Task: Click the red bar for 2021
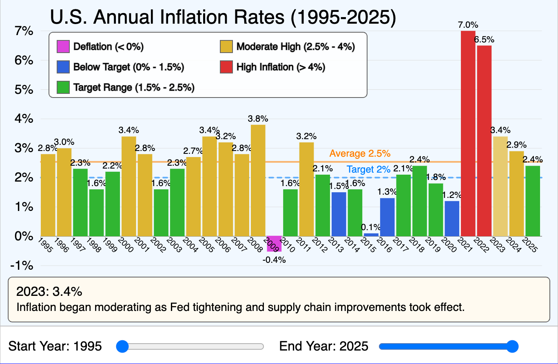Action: tap(468, 135)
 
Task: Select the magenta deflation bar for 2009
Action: tap(274, 244)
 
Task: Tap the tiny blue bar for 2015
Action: tap(371, 235)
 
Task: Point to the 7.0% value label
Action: tap(467, 25)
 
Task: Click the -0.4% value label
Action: tap(274, 260)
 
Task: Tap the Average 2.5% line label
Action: tap(360, 154)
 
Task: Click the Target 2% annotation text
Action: tap(368, 169)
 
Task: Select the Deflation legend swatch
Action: tap(63, 47)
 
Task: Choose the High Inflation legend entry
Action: tap(281, 67)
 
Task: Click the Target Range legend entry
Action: tap(133, 87)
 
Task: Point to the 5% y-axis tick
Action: tap(23, 89)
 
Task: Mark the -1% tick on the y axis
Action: tap(22, 266)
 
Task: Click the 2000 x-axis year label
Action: tap(125, 245)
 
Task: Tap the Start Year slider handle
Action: tap(122, 346)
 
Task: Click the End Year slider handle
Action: tap(512, 346)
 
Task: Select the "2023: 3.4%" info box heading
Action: tap(49, 291)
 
